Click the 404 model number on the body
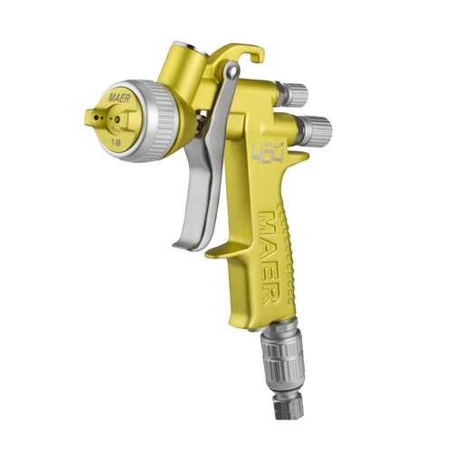tap(260, 146)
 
